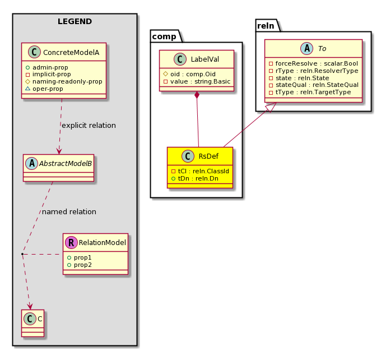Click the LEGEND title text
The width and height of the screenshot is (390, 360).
click(75, 22)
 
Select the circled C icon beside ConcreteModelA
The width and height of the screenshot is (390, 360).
click(34, 52)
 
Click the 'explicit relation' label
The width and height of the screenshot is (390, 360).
click(89, 126)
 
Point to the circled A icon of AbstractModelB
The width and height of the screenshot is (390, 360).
click(32, 164)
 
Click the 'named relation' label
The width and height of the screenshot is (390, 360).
click(69, 212)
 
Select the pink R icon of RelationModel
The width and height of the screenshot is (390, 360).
click(71, 242)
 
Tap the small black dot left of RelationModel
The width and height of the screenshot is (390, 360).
click(22, 254)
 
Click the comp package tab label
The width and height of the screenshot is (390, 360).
click(164, 36)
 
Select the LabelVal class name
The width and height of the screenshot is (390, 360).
click(205, 59)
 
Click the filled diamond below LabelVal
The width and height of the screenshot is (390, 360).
click(197, 95)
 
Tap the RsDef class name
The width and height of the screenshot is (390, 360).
click(208, 156)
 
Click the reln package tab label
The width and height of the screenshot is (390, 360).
click(266, 26)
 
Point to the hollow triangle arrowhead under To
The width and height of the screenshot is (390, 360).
click(272, 107)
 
